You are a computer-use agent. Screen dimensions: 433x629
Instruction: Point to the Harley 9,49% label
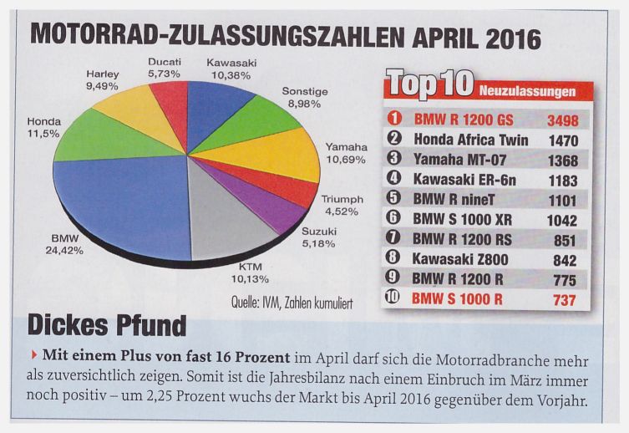point(103,79)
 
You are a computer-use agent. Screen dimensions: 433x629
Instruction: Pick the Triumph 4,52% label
point(342,205)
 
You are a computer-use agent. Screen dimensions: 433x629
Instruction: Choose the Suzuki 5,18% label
point(318,237)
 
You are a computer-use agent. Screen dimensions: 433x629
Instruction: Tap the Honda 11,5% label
point(43,127)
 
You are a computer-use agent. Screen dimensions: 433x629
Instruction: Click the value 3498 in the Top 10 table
point(561,120)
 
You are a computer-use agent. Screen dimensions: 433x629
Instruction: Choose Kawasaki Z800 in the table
point(460,259)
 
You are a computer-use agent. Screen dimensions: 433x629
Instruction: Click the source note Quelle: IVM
point(291,303)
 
